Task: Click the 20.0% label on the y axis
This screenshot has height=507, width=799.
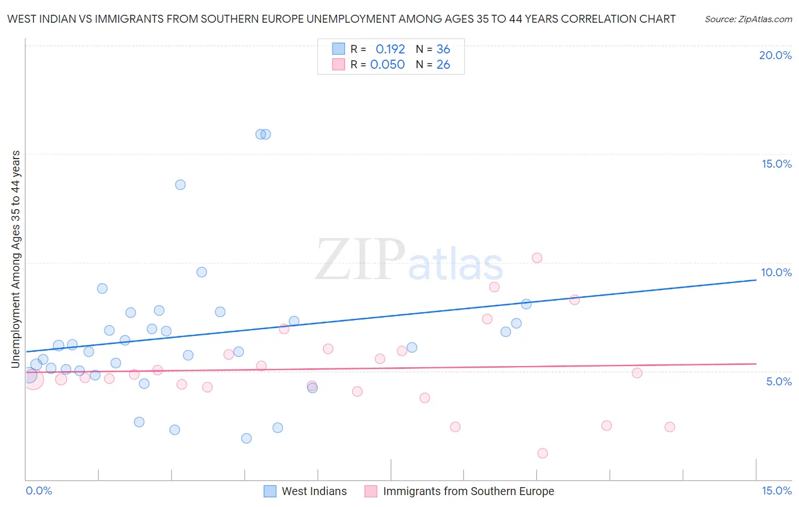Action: pos(775,55)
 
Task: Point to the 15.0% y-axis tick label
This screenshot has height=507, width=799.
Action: pos(776,164)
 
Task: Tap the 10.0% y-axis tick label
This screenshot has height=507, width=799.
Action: pos(776,272)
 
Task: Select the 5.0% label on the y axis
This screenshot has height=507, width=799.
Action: pos(779,381)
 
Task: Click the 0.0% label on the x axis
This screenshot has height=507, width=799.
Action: pos(39,491)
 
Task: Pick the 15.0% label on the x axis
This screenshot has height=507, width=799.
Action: pos(776,491)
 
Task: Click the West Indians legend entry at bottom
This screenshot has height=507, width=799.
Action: pos(314,491)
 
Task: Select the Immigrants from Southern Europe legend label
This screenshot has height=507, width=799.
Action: pos(468,491)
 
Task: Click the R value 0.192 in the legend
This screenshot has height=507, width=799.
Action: pos(390,49)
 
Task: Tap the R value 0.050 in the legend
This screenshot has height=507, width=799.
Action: pos(388,64)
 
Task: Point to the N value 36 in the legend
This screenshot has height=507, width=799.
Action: pos(443,49)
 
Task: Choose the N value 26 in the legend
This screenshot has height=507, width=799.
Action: pos(443,64)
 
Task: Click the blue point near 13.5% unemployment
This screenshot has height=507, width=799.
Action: pos(180,185)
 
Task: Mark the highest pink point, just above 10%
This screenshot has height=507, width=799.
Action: pos(537,258)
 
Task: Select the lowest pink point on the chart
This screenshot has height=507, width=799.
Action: pos(543,453)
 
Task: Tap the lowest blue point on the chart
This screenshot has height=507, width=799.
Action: pos(246,438)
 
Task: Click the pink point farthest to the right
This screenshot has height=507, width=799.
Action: pos(669,427)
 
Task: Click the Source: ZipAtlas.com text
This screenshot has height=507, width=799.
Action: pos(748,19)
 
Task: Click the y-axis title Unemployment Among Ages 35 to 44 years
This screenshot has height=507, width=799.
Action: pos(16,259)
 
